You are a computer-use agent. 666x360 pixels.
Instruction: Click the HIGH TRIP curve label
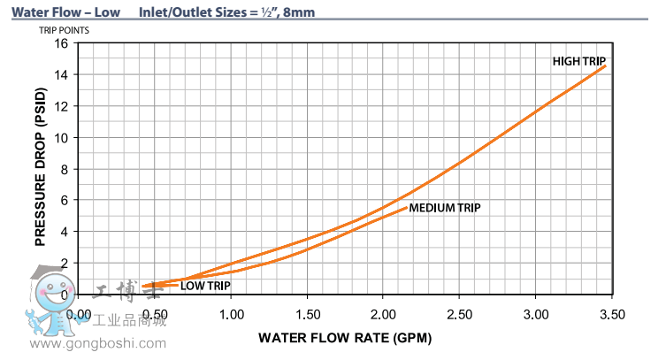579,60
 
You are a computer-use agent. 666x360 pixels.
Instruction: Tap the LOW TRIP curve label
206,285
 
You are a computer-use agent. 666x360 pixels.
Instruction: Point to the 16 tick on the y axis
62,43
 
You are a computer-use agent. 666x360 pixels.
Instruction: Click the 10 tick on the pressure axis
62,138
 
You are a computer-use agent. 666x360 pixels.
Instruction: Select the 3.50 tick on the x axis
612,314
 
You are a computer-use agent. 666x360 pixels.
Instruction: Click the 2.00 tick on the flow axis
383,314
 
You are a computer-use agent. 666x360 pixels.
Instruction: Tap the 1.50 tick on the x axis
307,314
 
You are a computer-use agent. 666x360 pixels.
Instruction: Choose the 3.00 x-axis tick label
536,314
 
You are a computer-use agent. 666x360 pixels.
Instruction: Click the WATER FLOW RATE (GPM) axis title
345,338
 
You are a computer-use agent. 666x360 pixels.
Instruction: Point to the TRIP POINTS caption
64,30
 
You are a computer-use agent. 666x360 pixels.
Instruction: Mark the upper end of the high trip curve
606,65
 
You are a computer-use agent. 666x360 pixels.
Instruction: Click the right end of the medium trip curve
407,207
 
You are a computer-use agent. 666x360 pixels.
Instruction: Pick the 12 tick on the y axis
62,106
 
